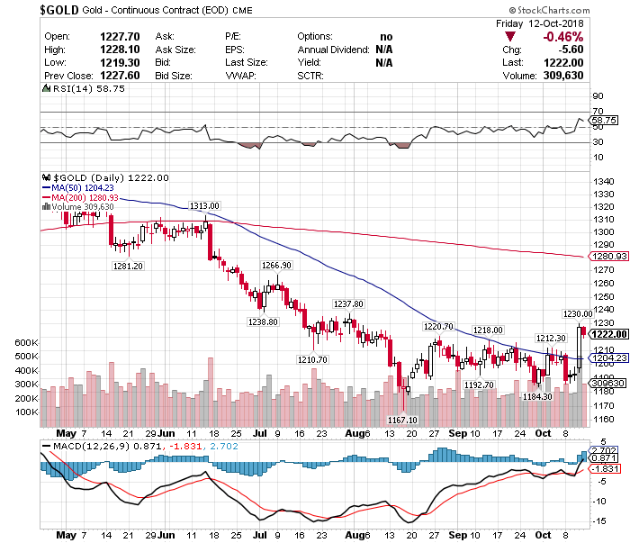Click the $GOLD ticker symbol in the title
tap(61, 9)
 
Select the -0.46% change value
tap(563, 37)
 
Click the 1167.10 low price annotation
tap(402, 420)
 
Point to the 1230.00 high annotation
tap(579, 313)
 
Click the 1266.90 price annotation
tap(276, 266)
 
